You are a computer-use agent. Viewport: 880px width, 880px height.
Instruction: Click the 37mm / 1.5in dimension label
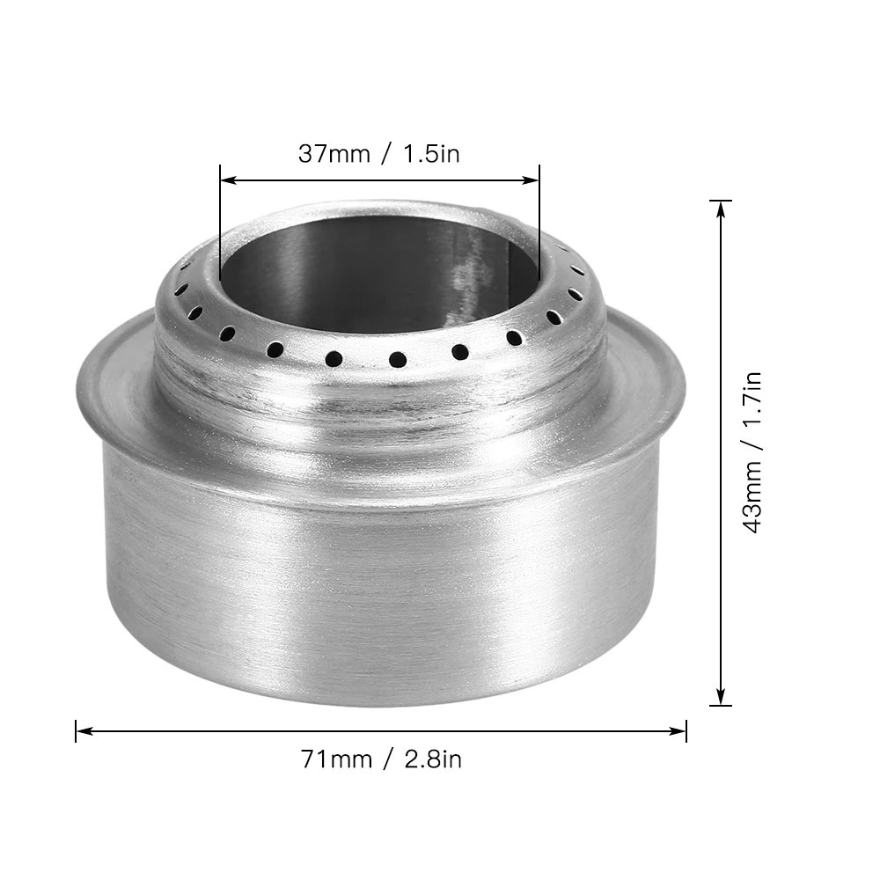tap(378, 154)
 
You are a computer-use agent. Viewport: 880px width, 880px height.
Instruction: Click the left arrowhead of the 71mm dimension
tap(83, 730)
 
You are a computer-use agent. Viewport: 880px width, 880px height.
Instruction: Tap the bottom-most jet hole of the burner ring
tap(397, 359)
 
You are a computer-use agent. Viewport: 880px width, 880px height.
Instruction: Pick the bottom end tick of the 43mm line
tap(721, 705)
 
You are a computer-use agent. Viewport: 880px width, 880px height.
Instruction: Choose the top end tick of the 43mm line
tap(721, 201)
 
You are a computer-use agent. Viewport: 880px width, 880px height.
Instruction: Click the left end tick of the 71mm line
tap(77, 730)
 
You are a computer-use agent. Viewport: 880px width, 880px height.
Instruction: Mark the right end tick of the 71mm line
tap(686, 730)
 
